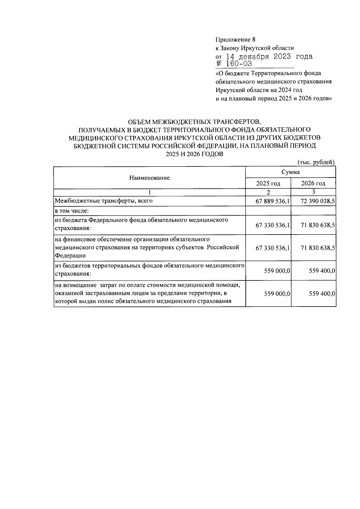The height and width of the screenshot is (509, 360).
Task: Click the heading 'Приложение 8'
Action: click(235, 40)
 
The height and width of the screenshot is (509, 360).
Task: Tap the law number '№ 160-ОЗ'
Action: click(234, 64)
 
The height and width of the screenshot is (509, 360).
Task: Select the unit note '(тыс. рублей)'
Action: click(316, 162)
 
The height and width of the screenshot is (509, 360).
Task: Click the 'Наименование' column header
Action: click(149, 178)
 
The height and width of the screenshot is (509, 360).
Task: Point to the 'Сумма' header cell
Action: click(290, 172)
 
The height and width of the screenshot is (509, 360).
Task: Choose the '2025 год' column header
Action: click(268, 183)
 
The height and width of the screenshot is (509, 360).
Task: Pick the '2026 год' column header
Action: click(313, 183)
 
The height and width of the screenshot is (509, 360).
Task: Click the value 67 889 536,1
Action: click(272, 201)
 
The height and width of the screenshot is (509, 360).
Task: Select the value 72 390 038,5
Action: click(318, 201)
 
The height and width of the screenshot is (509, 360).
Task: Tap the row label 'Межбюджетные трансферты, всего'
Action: click(103, 201)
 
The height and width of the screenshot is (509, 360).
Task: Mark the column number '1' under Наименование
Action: click(149, 192)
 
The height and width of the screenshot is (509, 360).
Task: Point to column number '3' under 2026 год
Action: click(313, 192)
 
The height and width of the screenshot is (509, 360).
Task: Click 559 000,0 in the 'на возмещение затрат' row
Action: click(277, 294)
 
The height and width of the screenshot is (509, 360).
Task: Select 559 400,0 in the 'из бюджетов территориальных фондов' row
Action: click(322, 271)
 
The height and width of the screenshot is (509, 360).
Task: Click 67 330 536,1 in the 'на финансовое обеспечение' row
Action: click(272, 248)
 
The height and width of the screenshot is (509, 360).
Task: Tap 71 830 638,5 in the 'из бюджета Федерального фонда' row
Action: click(318, 225)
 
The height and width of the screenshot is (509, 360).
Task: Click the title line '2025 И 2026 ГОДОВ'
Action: click(195, 154)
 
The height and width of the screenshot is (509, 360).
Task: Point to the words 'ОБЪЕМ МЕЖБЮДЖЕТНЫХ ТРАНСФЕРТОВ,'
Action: click(195, 122)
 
